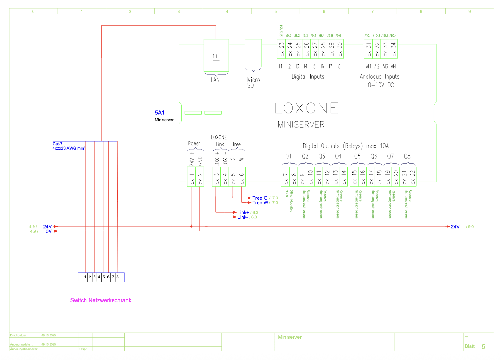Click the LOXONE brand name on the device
pos(306,108)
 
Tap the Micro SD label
pos(253,82)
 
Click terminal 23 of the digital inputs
pos(281,49)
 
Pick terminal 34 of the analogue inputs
pos(393,49)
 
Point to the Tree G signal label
pos(260,198)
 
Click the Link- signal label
pos(242,217)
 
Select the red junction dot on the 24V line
pos(191,226)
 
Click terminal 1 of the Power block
pos(191,177)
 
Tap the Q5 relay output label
pos(357,156)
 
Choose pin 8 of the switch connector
pos(118,277)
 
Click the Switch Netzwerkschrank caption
pos(101,300)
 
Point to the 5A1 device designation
pos(159,113)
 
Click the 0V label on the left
pos(49,231)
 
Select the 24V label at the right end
pos(455,227)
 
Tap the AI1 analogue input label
pos(368,66)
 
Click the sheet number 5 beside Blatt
pos(483,347)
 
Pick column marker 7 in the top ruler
pos(372,11)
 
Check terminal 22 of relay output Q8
pos(412,177)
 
